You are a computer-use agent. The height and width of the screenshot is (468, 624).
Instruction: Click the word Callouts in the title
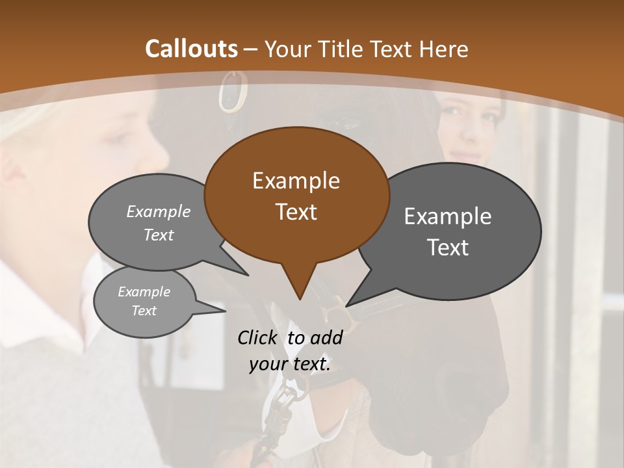[x=191, y=49]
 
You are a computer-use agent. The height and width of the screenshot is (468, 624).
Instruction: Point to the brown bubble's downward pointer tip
[x=300, y=299]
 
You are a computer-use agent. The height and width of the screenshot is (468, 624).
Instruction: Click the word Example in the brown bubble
[x=296, y=181]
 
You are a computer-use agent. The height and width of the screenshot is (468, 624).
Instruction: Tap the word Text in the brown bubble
[x=296, y=212]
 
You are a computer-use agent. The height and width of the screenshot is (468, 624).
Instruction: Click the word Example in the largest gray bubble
[x=448, y=216]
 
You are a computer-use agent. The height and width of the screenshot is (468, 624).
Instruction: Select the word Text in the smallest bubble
[x=144, y=311]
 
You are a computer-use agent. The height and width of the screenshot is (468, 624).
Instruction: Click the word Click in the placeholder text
[x=258, y=337]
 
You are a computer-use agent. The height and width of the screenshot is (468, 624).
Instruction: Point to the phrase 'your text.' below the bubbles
[x=290, y=365]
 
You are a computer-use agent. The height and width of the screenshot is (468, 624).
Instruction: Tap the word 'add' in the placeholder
[x=326, y=337]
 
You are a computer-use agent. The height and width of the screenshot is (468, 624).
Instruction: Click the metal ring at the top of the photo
[x=233, y=92]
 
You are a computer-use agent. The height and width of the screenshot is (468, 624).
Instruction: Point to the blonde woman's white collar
[x=39, y=312]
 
